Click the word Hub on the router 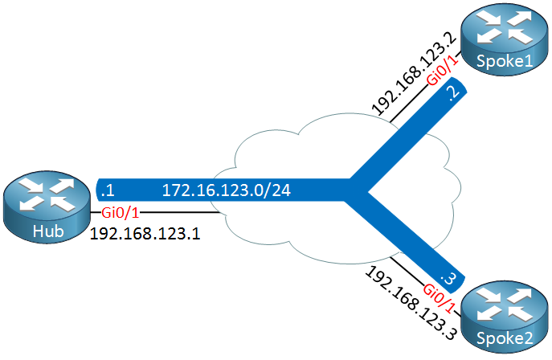[46, 231]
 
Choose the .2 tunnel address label [453, 96]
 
